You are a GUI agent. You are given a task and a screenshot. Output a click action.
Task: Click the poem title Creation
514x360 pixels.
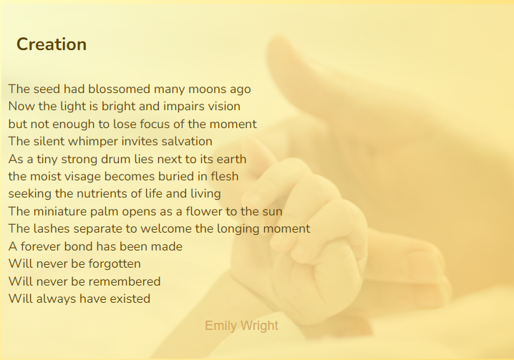click(x=52, y=44)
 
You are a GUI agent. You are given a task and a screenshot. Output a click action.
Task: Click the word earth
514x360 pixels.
click(x=231, y=159)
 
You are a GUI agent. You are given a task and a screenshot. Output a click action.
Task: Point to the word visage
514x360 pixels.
click(x=82, y=176)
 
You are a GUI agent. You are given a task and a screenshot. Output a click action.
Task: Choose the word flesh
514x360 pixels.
click(x=225, y=176)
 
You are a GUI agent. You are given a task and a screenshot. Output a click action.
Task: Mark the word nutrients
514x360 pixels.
click(x=102, y=193)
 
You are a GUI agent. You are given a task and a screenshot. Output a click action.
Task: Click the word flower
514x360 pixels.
click(x=204, y=211)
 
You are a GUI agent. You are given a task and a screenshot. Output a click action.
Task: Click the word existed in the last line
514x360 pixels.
click(x=130, y=298)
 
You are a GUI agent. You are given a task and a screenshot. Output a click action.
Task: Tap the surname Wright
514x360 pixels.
click(x=258, y=326)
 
